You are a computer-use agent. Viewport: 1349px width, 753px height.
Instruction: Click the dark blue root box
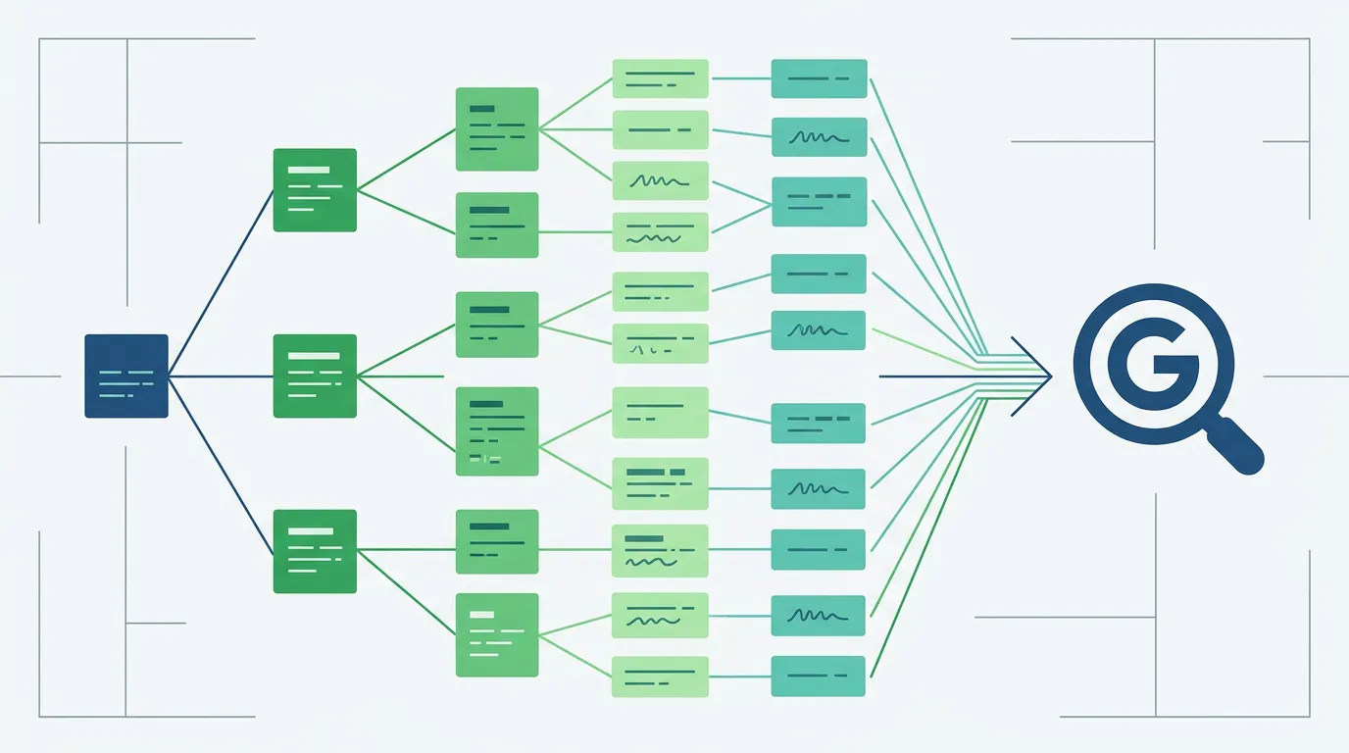coord(125,376)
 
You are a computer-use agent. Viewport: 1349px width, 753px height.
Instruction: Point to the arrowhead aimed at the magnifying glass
coord(1042,376)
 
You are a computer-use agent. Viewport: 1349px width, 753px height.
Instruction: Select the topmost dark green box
coord(314,189)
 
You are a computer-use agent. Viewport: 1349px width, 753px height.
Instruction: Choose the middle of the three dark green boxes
coord(314,376)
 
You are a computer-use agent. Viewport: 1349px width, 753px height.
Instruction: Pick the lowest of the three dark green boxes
coord(314,551)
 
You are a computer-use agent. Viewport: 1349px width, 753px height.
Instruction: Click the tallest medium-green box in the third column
coord(496,431)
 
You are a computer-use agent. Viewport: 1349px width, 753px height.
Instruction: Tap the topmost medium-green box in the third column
coord(496,128)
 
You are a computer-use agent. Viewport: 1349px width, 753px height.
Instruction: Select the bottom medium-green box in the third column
coord(496,634)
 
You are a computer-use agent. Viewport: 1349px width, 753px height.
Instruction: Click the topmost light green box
coord(660,78)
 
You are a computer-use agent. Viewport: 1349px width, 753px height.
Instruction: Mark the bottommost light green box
coord(660,677)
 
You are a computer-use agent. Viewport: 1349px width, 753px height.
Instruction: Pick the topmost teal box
coord(819,78)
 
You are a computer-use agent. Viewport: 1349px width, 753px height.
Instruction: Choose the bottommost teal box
coord(819,677)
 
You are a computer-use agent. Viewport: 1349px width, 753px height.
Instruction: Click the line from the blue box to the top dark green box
coord(221,282)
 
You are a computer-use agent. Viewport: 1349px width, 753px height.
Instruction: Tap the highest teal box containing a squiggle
coord(819,137)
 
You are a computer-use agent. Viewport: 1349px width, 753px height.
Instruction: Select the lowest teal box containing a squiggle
coord(819,616)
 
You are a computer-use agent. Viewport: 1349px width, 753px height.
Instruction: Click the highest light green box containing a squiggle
coord(660,181)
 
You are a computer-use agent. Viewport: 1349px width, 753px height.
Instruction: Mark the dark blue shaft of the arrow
coord(941,376)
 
